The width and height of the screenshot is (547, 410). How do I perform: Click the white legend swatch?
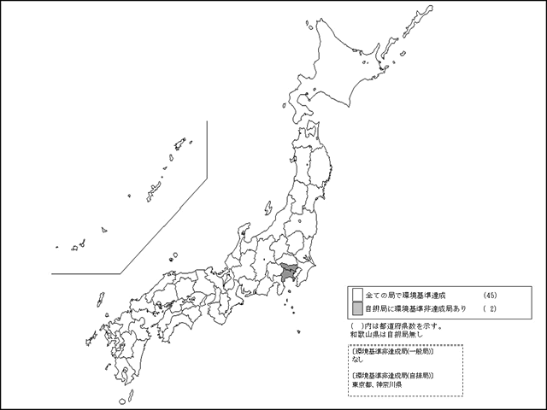[356, 293]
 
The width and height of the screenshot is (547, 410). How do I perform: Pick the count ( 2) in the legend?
[490, 307]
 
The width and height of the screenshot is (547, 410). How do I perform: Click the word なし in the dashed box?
[357, 360]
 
